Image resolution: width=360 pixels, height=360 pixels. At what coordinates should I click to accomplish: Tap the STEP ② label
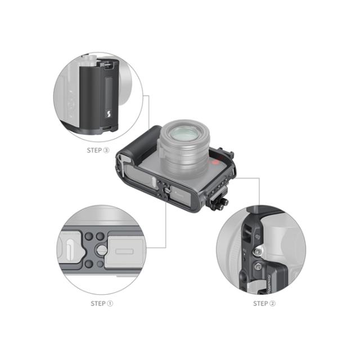pos(264,303)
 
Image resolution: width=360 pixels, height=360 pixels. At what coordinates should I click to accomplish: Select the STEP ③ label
pos(98,150)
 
